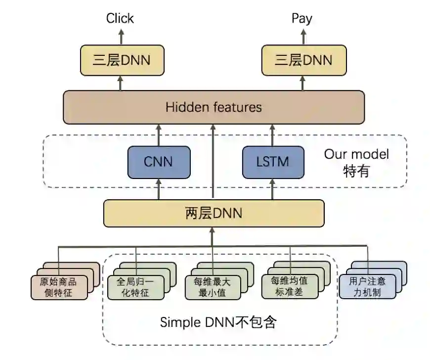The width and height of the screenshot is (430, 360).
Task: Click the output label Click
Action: [120, 19]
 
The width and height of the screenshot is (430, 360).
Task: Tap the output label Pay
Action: [301, 19]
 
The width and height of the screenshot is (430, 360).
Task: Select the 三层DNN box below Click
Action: [122, 60]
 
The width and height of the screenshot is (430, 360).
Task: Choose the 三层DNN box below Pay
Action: [303, 60]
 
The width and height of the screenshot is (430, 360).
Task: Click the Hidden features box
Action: [214, 107]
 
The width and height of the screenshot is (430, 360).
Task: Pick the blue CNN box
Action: [159, 162]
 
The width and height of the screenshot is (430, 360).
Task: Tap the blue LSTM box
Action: [272, 162]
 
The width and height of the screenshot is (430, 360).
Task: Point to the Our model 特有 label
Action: [356, 162]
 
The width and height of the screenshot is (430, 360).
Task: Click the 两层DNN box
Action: [214, 214]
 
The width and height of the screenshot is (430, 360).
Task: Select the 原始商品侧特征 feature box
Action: [59, 287]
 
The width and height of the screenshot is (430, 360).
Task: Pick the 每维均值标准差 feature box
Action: [289, 286]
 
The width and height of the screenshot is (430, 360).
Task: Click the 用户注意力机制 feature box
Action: [367, 286]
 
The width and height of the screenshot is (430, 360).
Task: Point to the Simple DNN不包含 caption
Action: [218, 322]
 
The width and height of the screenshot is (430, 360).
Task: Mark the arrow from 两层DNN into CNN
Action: [159, 189]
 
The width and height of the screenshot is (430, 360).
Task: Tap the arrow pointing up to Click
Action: [120, 37]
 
